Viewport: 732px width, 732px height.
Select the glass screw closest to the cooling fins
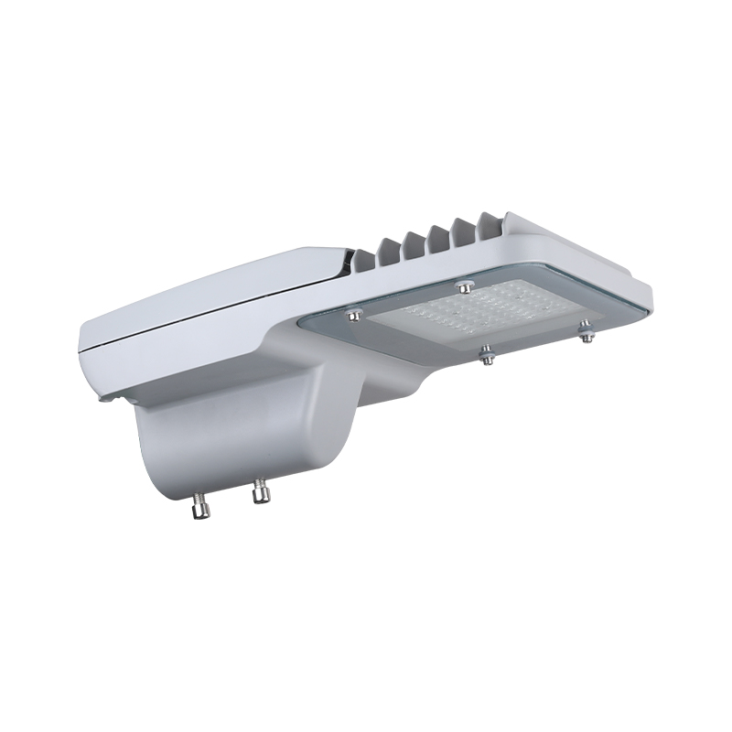click(465, 286)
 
